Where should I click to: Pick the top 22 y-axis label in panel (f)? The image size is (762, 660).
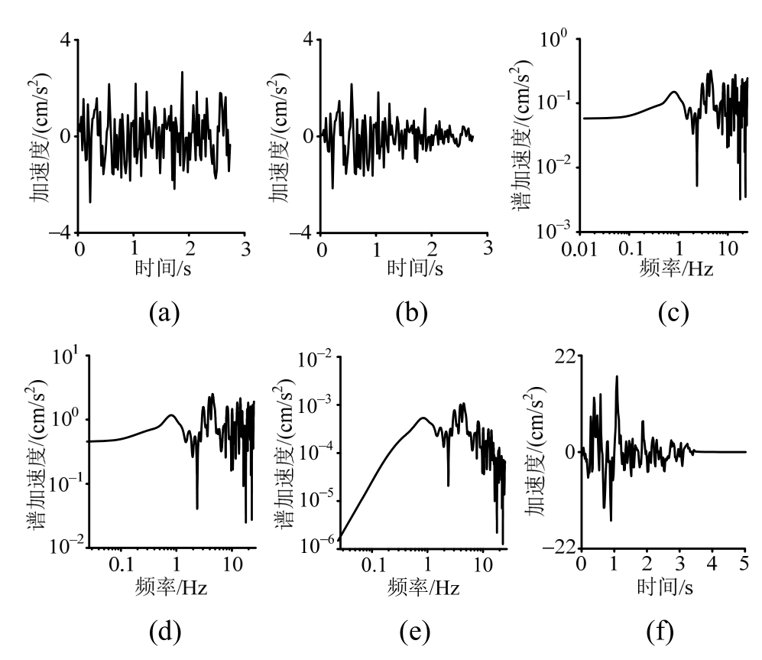click(564, 356)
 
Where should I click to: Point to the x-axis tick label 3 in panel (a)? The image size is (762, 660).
click(245, 249)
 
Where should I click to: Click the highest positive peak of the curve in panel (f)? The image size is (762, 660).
click(616, 376)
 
